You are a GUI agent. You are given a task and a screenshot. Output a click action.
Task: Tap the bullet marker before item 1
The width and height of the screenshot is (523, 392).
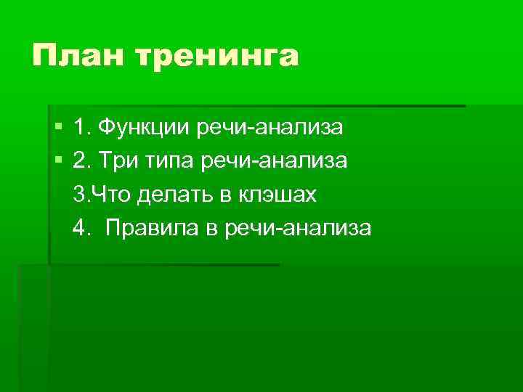[58, 127]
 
